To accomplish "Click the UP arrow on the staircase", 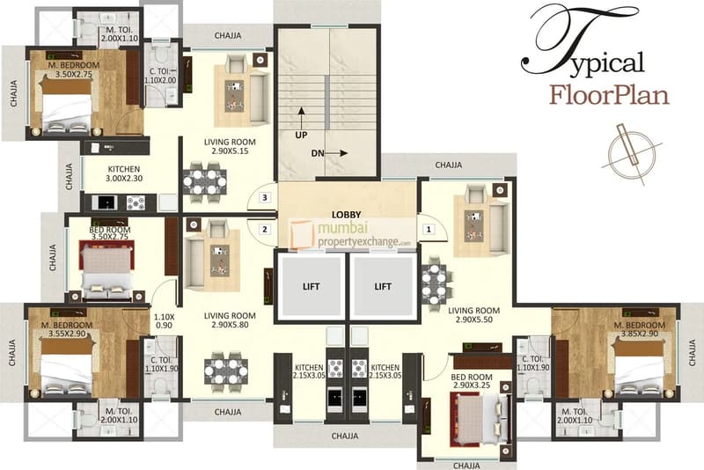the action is (x=301, y=118).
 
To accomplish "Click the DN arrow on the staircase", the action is (x=337, y=153).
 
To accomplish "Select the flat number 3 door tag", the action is (x=265, y=197).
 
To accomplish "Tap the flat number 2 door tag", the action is (x=265, y=230).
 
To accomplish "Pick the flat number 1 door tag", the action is (x=429, y=230).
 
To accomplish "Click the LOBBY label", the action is (x=346, y=215).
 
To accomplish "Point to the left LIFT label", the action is (x=312, y=286).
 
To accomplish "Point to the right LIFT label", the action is (x=383, y=286).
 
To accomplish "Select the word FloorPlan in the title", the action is (x=609, y=96).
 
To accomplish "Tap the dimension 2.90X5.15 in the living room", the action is (x=230, y=151).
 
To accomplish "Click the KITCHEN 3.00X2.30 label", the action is (x=124, y=173).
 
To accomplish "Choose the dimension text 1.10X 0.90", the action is (x=164, y=320).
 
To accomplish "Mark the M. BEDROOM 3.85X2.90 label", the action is (x=640, y=329).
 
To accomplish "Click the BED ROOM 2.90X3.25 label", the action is (x=472, y=381).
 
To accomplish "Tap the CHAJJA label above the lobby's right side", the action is (x=449, y=165).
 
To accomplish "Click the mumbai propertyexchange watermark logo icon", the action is (x=301, y=234).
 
